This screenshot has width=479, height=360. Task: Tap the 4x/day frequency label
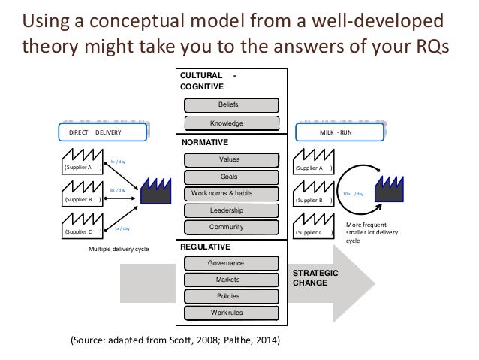click(x=118, y=162)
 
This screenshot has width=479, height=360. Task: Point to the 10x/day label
click(x=353, y=194)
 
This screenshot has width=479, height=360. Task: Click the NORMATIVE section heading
click(x=200, y=141)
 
